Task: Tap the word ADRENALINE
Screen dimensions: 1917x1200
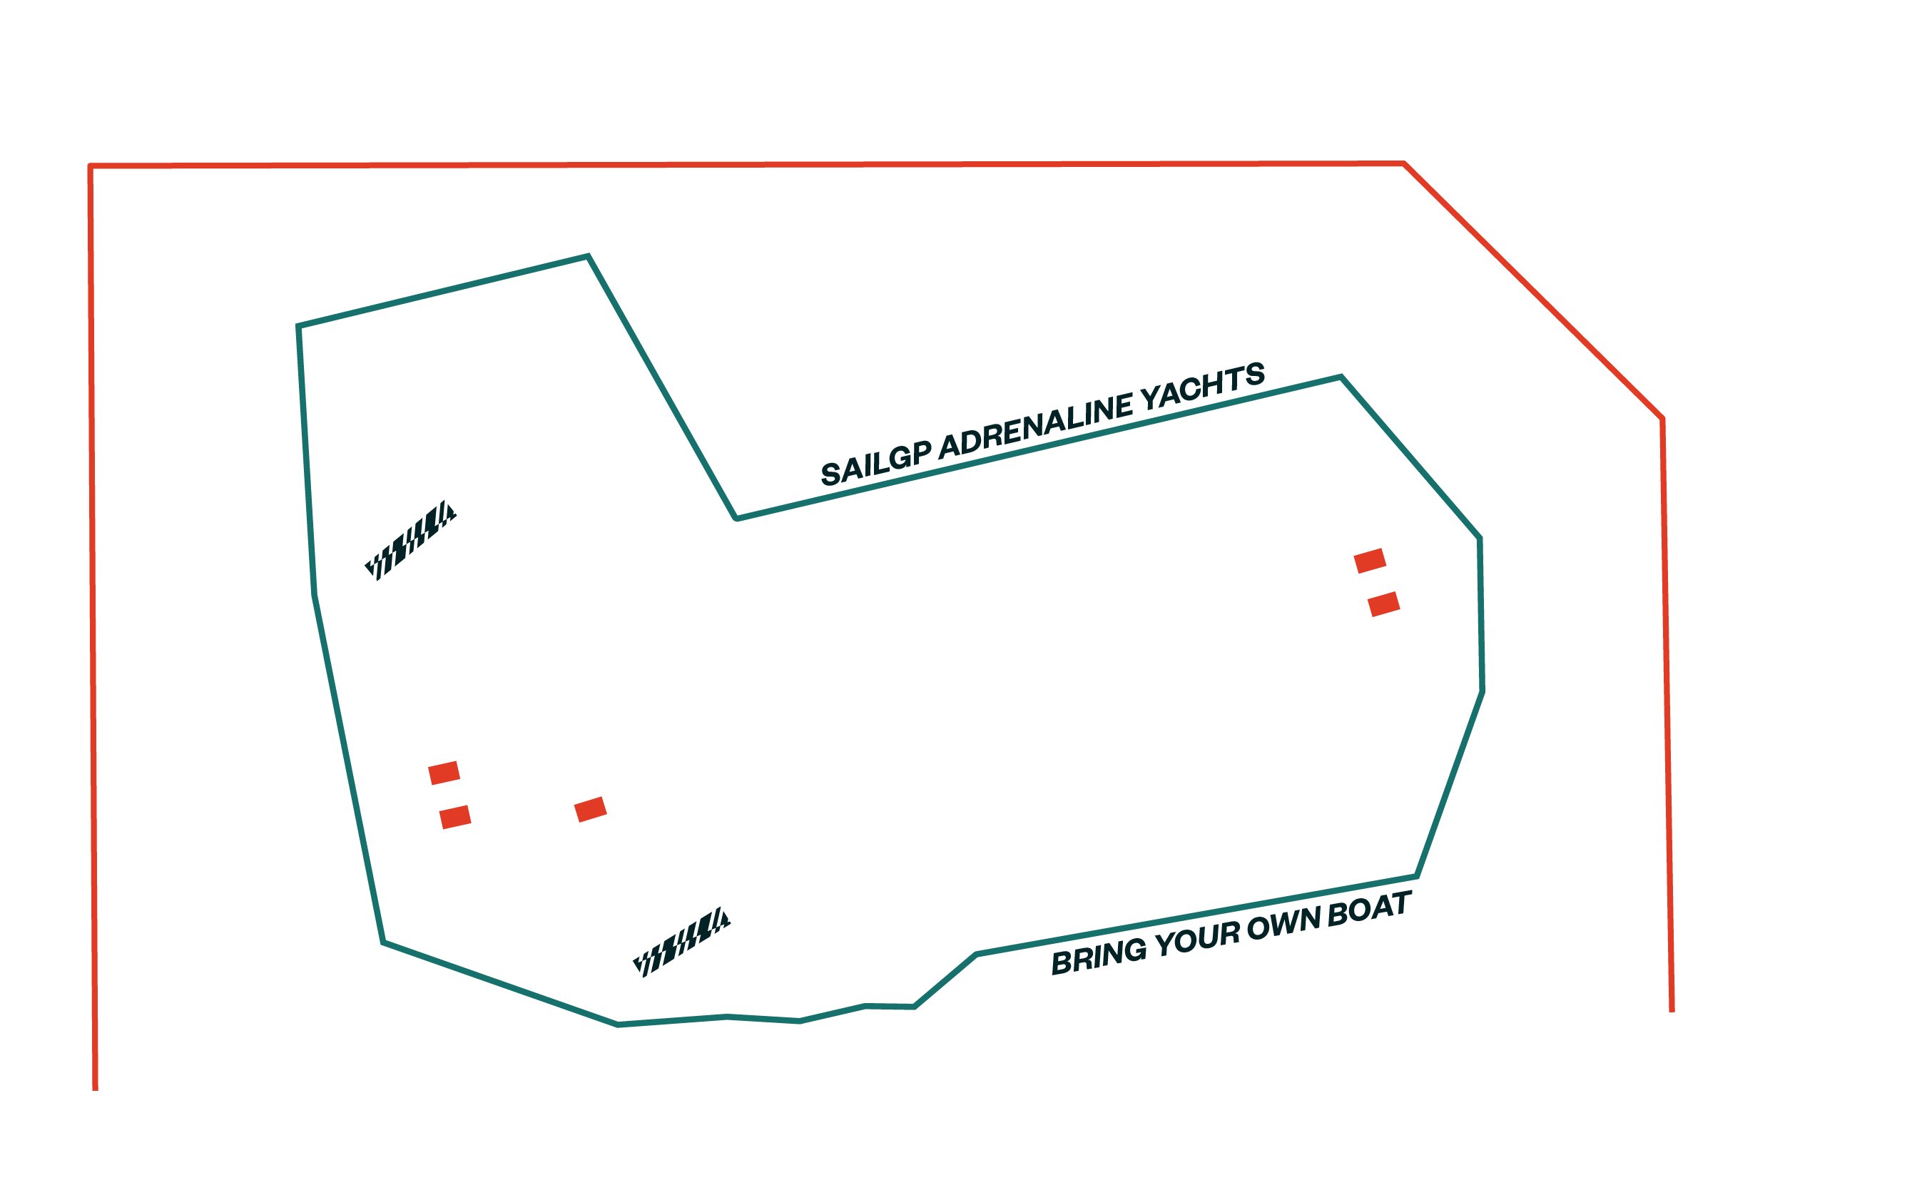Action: [x=1036, y=425]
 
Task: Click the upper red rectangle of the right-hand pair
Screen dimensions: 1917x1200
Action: [x=1370, y=560]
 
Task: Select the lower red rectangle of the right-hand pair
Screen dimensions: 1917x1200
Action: [x=1384, y=604]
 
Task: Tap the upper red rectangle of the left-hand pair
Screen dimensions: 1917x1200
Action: [x=444, y=772]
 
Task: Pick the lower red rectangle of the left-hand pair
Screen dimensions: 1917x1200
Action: [x=455, y=817]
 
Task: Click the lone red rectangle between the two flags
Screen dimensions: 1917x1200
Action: [x=590, y=810]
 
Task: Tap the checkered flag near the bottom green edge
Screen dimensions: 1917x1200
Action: [x=681, y=941]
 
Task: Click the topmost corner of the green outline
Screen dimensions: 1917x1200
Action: [x=588, y=255]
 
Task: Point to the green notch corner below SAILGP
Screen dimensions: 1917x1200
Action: [x=736, y=519]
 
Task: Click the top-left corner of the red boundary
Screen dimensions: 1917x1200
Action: [x=90, y=166]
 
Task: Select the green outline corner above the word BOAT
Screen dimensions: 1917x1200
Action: [x=1417, y=876]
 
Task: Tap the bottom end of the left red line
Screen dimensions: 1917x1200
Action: [x=95, y=1089]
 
